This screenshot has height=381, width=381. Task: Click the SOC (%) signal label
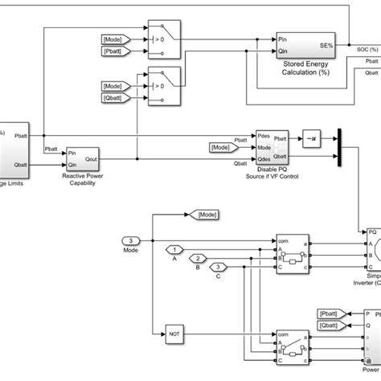coord(367,50)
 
